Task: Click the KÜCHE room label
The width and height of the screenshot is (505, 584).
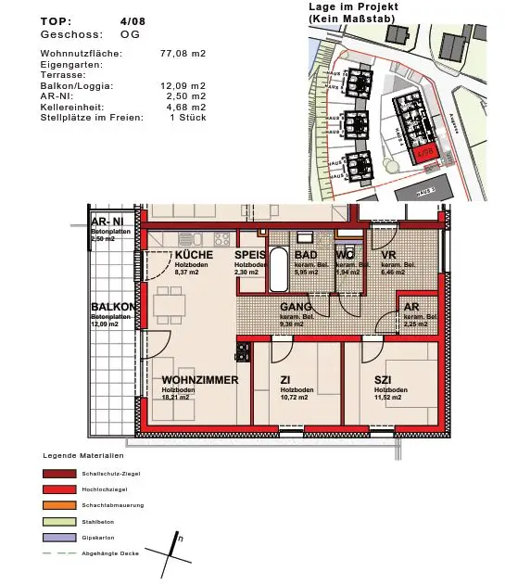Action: pyautogui.click(x=194, y=255)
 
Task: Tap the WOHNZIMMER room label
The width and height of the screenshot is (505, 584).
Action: pyautogui.click(x=199, y=380)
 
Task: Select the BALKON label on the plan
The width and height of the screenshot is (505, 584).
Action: pyautogui.click(x=113, y=308)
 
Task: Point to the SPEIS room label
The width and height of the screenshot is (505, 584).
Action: pyautogui.click(x=250, y=255)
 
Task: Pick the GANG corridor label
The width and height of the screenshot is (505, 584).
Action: pyautogui.click(x=296, y=307)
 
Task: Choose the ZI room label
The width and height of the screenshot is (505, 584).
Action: pyautogui.click(x=285, y=380)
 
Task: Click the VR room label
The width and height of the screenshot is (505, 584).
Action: pyautogui.click(x=388, y=255)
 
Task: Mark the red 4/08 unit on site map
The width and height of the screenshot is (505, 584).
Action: pyautogui.click(x=425, y=153)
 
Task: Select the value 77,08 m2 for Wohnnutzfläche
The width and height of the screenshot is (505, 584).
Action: pyautogui.click(x=183, y=54)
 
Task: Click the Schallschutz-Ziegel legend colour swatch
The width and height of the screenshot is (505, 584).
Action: pyautogui.click(x=57, y=473)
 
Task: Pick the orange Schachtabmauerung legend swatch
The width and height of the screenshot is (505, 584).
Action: pyautogui.click(x=57, y=505)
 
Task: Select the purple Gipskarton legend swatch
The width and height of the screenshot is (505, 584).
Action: pyautogui.click(x=57, y=538)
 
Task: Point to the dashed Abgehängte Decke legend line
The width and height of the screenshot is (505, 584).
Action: pyautogui.click(x=57, y=553)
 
